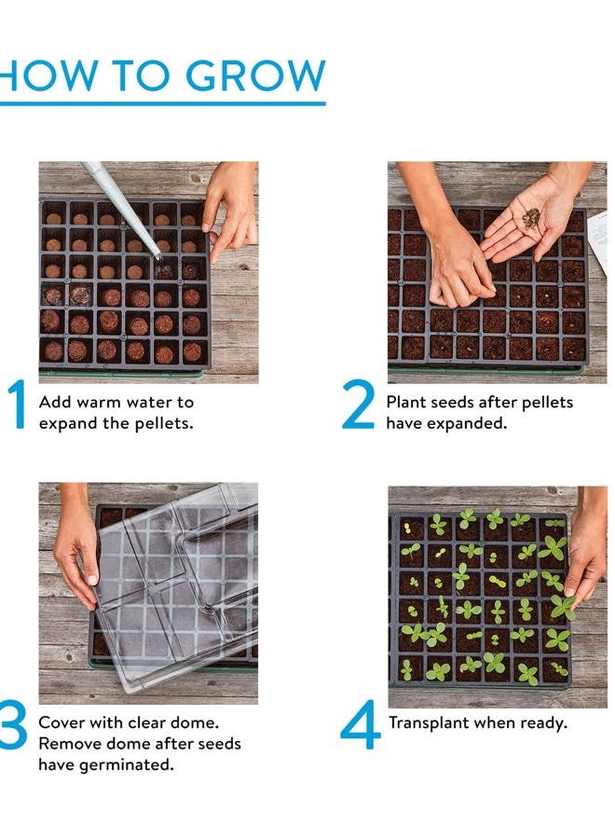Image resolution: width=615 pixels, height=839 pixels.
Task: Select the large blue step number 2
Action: (x=359, y=407)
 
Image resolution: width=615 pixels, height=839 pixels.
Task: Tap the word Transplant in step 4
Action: (x=427, y=723)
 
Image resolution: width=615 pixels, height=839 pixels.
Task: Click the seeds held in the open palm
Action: (x=530, y=219)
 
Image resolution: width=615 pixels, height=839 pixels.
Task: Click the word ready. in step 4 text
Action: (x=544, y=723)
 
